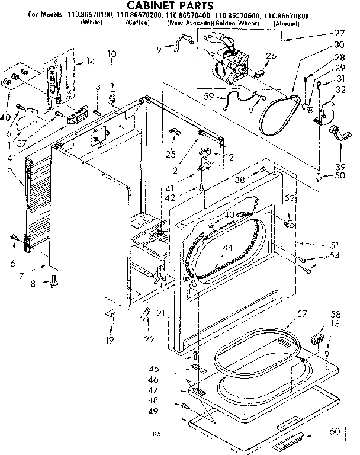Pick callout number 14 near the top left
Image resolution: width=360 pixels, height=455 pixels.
pyautogui.click(x=91, y=61)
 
